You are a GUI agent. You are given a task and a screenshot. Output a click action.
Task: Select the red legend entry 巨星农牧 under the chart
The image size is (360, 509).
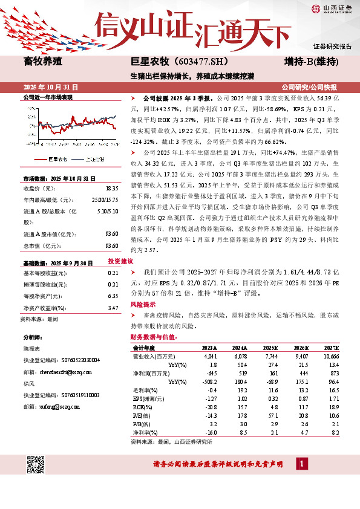(59, 158)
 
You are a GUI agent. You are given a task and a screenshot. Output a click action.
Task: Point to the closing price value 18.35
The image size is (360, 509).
(111, 189)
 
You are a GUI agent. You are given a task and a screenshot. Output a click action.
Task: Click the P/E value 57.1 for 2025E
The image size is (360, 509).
(268, 416)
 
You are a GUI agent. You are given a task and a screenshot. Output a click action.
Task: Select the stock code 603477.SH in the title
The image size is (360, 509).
(195, 62)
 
